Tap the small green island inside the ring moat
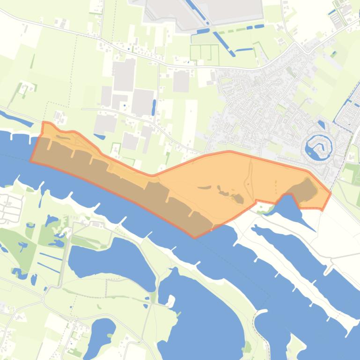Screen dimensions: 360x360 point(319,146)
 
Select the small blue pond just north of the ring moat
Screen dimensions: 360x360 point(321,125)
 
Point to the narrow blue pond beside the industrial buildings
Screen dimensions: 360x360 point(154,108)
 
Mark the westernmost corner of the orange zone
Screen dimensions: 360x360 point(31,161)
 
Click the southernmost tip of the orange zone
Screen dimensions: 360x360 point(195,238)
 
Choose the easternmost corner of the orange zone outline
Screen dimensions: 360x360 point(331,193)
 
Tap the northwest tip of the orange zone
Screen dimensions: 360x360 point(44,122)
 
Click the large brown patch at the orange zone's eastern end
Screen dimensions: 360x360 point(304,190)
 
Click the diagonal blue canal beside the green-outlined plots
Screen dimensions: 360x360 point(223,43)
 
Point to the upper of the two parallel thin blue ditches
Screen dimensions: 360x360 point(51,256)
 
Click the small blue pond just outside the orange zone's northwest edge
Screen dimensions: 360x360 point(99,137)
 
